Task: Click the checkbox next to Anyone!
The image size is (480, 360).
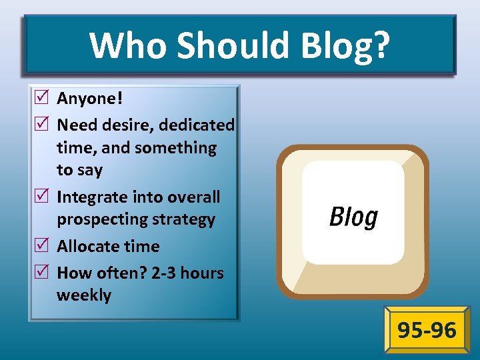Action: coord(43,99)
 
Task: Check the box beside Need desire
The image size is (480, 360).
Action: coord(43,125)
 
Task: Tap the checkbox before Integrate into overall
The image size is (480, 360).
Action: coord(43,197)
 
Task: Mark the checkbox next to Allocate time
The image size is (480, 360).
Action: coord(43,246)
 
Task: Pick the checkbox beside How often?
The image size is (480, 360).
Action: coord(43,273)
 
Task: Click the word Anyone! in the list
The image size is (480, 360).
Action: coord(90,99)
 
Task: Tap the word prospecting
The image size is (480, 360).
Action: coord(104,219)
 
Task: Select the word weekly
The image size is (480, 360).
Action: coord(84,295)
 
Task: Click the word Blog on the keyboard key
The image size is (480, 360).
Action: coord(353,217)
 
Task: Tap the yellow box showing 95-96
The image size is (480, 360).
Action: coord(427,329)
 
